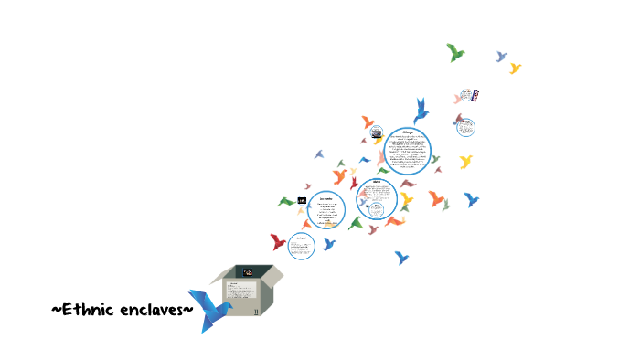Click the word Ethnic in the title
(89, 310)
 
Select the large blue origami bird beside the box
(209, 310)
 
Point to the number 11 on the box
(257, 312)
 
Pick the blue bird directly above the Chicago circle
(421, 110)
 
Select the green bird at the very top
(455, 52)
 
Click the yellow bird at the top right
(515, 68)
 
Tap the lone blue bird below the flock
(400, 258)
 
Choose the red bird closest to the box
(278, 241)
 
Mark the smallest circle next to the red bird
(302, 245)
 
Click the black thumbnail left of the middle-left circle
(301, 200)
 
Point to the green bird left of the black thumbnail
(286, 201)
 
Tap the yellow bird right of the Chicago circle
(465, 162)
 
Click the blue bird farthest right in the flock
(471, 198)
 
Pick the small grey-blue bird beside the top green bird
(501, 57)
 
